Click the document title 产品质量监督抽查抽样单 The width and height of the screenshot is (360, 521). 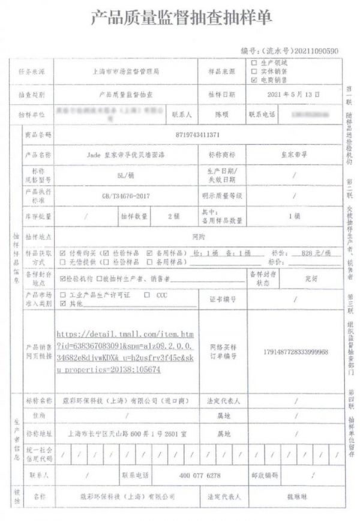click(x=180, y=19)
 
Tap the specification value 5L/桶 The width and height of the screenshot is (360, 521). click(x=125, y=175)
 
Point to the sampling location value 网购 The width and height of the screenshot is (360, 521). click(x=199, y=236)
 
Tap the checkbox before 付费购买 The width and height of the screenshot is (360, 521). click(x=63, y=253)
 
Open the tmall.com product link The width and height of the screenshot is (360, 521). click(x=124, y=351)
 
